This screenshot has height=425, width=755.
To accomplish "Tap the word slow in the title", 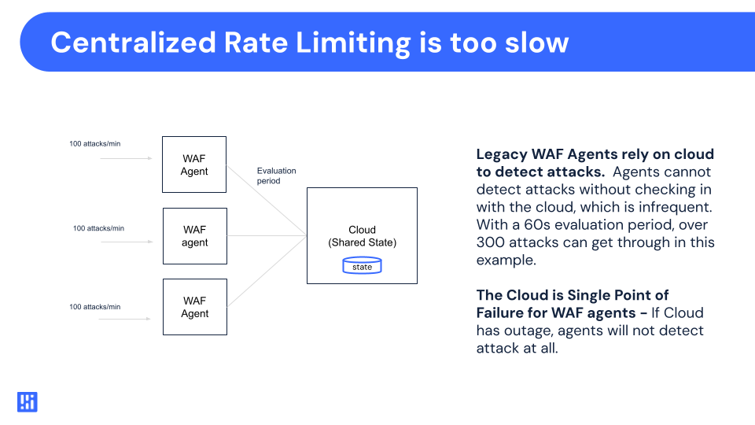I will (x=532, y=42).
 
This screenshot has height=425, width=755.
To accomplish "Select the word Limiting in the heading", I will (x=347, y=42).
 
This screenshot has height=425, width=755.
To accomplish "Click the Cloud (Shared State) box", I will (x=362, y=235).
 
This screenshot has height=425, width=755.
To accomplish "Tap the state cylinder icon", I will (x=362, y=267).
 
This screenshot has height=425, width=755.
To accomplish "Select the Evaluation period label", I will (x=276, y=176).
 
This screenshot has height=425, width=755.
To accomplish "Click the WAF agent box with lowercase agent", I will (x=194, y=236).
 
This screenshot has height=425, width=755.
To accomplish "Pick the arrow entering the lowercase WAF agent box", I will (x=126, y=242).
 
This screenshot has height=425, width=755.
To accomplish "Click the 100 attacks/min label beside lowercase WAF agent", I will (x=98, y=228).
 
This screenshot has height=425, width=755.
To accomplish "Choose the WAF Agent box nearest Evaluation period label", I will (x=194, y=164).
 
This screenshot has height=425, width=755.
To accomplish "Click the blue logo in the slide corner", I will (x=28, y=402).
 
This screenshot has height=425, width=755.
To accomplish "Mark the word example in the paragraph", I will (x=504, y=260).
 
